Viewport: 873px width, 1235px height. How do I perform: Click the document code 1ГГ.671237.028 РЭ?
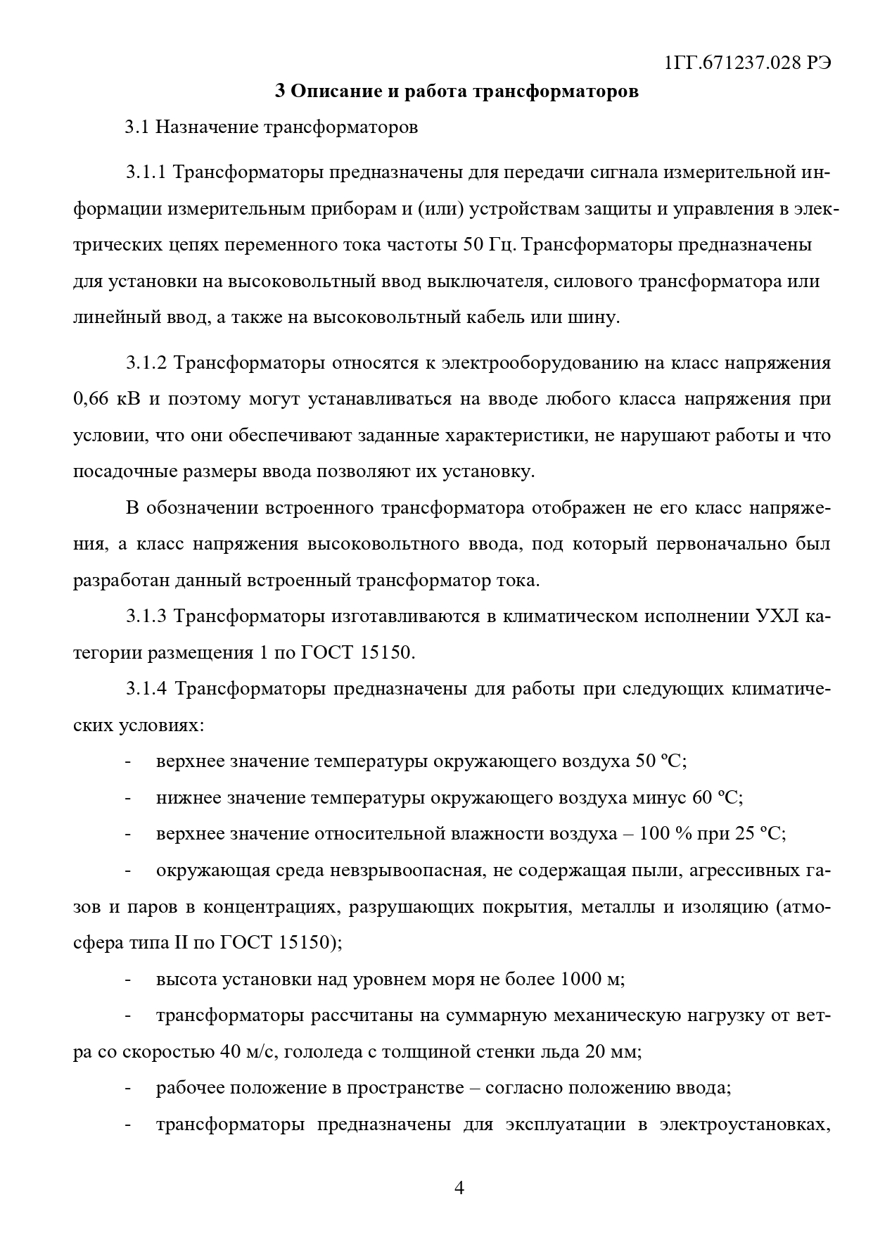(746, 63)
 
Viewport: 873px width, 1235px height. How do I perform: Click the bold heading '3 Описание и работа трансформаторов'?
(457, 91)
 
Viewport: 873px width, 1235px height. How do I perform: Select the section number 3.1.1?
(146, 172)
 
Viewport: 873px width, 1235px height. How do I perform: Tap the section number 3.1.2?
(146, 363)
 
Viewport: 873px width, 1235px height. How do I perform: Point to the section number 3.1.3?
(146, 616)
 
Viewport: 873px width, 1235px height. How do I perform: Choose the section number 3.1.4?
(146, 688)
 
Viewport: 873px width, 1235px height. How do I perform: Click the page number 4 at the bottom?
(459, 1189)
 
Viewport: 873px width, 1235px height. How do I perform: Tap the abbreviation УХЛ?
(775, 616)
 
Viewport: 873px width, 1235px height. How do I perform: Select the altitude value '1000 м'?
(592, 979)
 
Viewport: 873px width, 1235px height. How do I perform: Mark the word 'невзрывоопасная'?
(408, 870)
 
